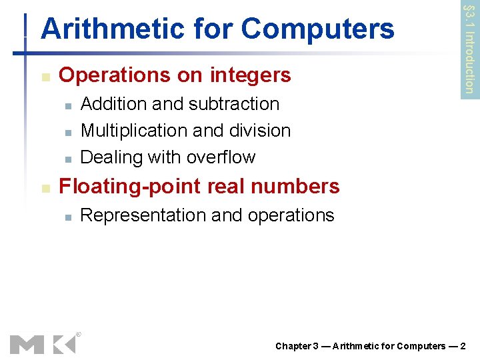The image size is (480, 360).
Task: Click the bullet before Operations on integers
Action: [x=45, y=77]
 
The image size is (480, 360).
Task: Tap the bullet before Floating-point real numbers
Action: [x=45, y=187]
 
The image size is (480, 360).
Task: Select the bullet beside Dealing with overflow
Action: [x=68, y=159]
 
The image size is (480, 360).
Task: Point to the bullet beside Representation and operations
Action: [x=68, y=217]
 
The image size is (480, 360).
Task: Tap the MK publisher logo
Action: [x=43, y=344]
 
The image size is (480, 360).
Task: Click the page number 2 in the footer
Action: [x=463, y=346]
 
